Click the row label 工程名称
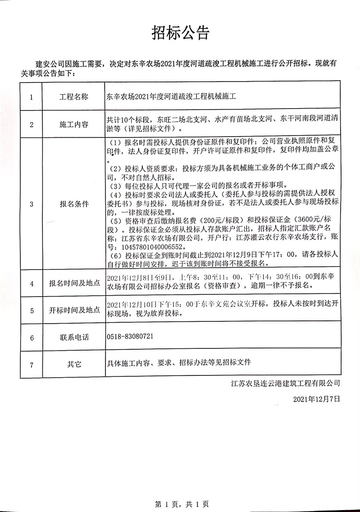tap(73, 96)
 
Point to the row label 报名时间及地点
tap(73, 284)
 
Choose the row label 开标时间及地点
tap(73, 311)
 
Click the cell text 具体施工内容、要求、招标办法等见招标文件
tap(178, 362)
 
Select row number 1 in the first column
tap(32, 96)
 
